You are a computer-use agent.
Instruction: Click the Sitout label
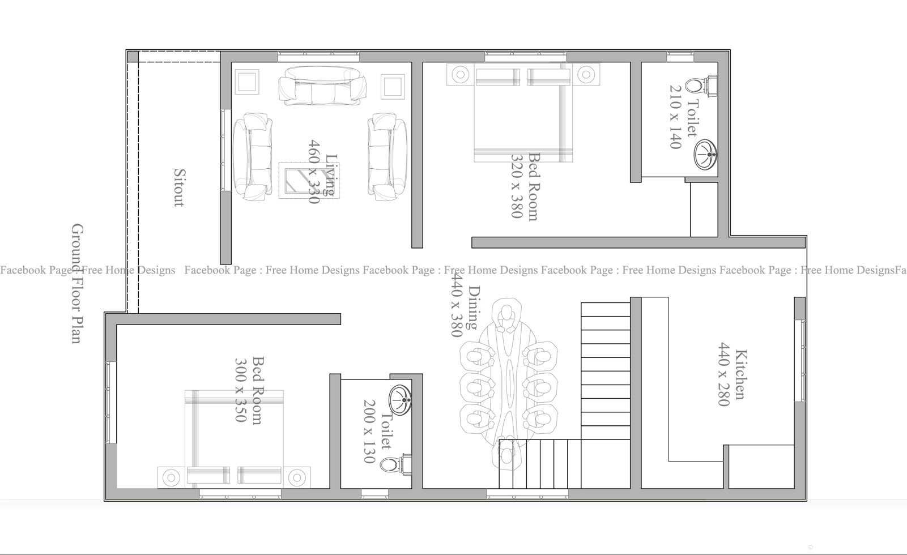tap(178, 187)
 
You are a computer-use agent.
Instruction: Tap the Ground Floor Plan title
tap(77, 283)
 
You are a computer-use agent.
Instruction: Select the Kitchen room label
tap(739, 375)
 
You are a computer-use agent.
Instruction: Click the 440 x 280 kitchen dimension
tap(723, 374)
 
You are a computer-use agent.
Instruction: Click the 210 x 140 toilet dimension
tap(675, 117)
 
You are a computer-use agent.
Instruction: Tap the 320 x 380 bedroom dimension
tap(516, 186)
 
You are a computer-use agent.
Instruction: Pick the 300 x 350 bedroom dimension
tap(240, 390)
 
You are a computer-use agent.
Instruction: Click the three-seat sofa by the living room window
tap(322, 86)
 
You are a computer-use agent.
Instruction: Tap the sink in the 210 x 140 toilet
tap(705, 154)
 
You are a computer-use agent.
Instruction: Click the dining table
tap(508, 379)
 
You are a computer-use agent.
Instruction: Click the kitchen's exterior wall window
tap(801, 361)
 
